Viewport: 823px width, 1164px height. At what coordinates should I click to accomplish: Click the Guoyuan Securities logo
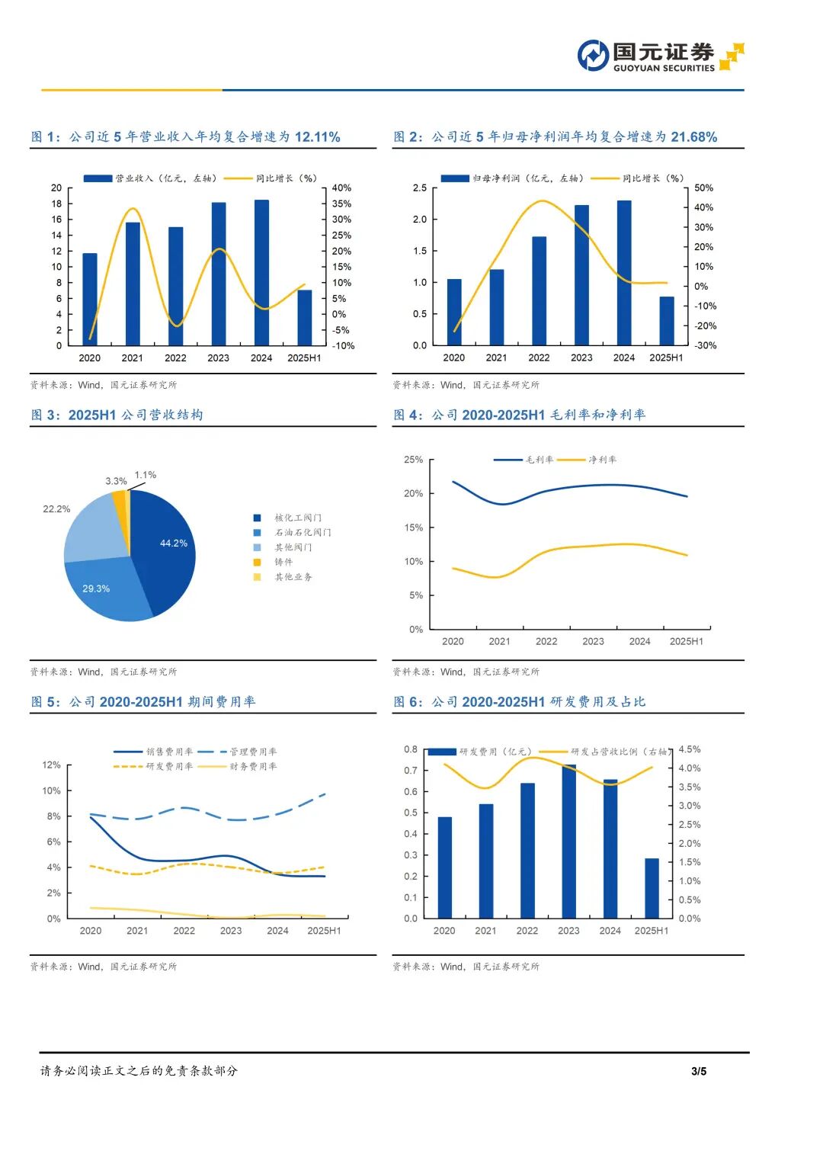pos(660,56)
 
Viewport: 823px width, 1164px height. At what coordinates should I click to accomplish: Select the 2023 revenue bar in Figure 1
pos(219,274)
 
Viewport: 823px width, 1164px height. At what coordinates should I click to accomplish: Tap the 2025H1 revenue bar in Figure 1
pos(304,318)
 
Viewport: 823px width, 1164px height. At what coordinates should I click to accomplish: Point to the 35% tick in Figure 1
pos(341,204)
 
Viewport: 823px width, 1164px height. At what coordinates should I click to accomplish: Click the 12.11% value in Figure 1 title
pos(317,137)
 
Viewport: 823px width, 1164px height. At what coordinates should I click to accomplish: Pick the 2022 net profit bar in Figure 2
pos(539,291)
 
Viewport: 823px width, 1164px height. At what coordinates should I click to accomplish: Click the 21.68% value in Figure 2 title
pos(693,137)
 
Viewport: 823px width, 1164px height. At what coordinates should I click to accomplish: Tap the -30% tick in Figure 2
pos(705,345)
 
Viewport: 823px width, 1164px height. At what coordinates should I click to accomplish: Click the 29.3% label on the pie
pos(96,588)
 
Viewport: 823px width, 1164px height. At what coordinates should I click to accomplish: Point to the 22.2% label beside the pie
pos(56,509)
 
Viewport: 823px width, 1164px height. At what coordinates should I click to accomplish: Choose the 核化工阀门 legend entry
pos(297,518)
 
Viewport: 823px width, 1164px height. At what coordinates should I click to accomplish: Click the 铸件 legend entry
pos(283,562)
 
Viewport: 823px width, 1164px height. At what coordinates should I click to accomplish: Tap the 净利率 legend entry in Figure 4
pos(602,460)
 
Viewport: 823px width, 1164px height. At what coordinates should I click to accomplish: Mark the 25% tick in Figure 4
pos(413,460)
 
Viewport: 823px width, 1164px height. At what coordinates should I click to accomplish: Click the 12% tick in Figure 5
pos(51,765)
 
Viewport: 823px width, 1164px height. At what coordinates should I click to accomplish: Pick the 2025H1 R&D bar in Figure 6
pos(652,888)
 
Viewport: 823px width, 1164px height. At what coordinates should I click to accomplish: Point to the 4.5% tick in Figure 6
pos(689,749)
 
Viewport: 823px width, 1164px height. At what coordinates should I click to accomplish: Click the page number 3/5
pos(698,1071)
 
